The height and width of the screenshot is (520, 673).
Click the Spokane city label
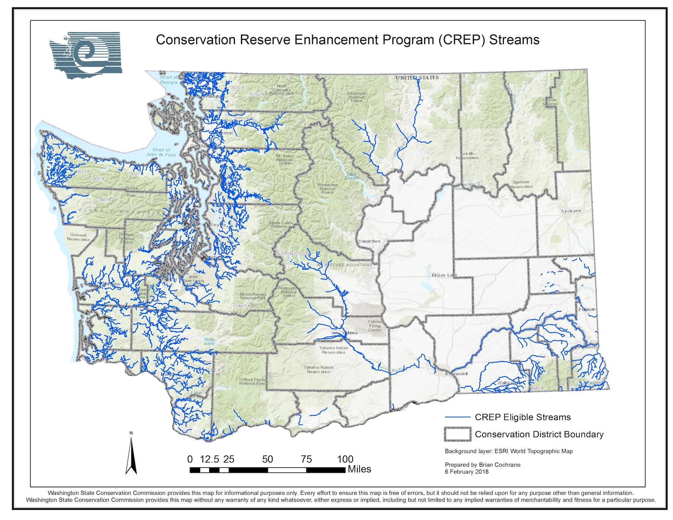(x=571, y=211)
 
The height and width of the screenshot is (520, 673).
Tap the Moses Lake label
(x=444, y=275)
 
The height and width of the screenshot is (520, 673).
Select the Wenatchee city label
(x=369, y=241)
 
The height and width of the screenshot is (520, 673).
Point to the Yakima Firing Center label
(x=375, y=326)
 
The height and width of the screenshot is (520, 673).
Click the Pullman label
(x=587, y=309)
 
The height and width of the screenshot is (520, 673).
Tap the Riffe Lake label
(x=209, y=342)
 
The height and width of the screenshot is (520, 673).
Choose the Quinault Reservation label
(x=78, y=237)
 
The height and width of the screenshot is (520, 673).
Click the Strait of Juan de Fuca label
(x=161, y=152)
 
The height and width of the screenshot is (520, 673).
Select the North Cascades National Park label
(x=282, y=90)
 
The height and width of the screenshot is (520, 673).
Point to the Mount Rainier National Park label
(x=252, y=296)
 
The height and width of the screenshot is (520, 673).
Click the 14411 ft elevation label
(x=243, y=306)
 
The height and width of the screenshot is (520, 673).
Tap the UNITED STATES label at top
(x=417, y=78)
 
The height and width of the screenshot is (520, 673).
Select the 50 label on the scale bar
(x=268, y=459)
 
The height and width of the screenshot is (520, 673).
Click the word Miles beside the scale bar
(x=359, y=469)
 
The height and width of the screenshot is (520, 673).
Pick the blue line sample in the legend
(x=457, y=417)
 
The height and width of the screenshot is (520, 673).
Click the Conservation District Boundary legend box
(x=457, y=434)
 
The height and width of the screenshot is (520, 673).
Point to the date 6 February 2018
(x=466, y=472)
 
